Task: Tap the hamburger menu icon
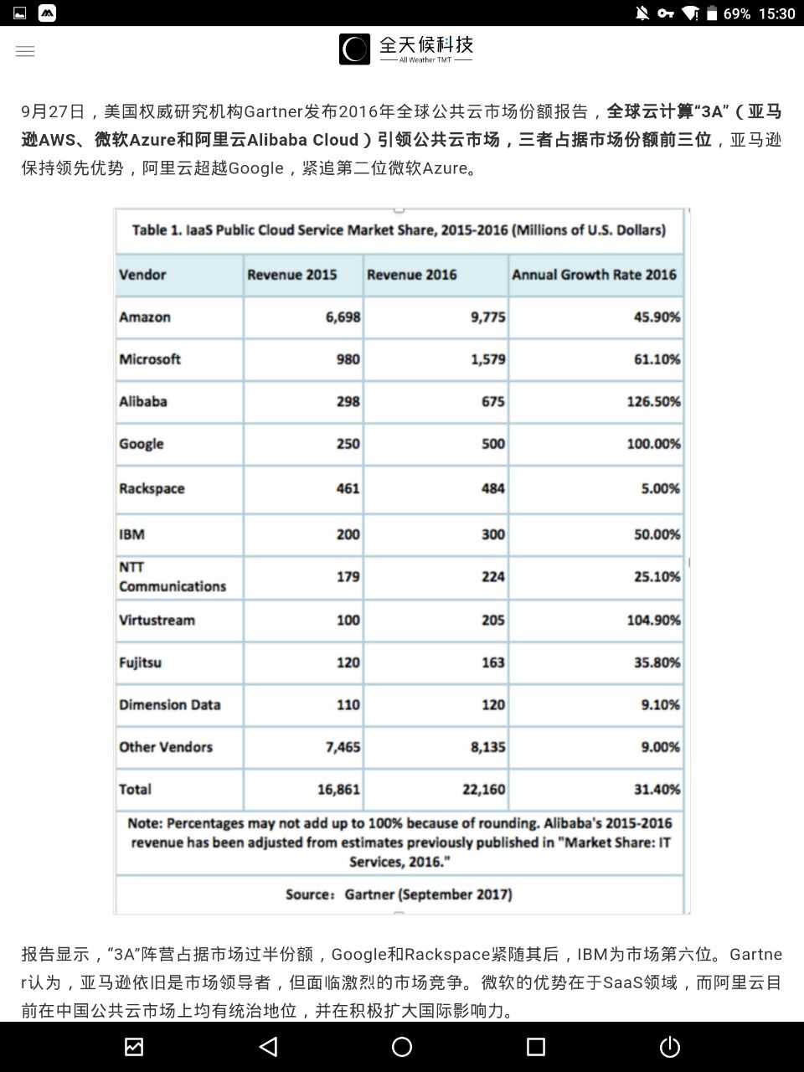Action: (25, 51)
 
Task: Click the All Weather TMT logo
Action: (406, 49)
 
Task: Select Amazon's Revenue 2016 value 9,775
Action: (487, 317)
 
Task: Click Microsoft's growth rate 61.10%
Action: (657, 359)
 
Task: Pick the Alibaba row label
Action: (143, 401)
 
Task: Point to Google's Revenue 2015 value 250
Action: (348, 444)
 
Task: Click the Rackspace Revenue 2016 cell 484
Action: (492, 488)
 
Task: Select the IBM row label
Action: (131, 534)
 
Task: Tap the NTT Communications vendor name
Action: (172, 577)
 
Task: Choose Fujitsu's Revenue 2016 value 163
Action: (492, 662)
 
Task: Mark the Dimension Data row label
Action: (169, 705)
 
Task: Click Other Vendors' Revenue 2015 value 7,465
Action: (343, 747)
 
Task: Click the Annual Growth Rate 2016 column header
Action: (594, 275)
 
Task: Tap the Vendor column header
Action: (142, 275)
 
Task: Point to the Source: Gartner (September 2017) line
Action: (399, 894)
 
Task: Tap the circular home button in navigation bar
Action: (402, 1047)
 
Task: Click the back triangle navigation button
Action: (268, 1047)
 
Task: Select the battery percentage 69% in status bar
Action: (737, 13)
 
